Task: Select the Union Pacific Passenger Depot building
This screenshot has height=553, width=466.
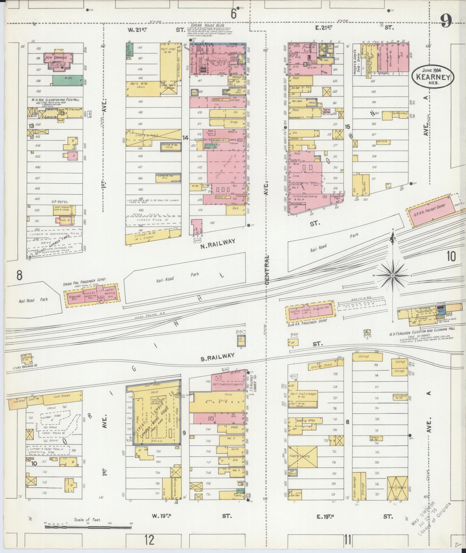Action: coord(91,295)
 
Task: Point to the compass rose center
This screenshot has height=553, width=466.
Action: coord(393,276)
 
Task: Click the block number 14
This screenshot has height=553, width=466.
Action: coord(185,138)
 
